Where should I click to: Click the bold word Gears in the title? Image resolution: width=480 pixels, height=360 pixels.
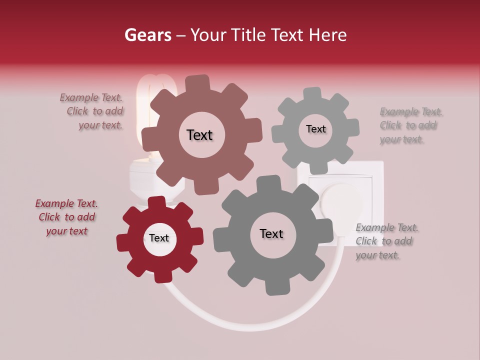(x=148, y=35)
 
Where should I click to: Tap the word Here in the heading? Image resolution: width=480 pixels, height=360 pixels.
(x=328, y=35)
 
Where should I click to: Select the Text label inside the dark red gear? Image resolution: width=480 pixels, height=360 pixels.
(x=159, y=238)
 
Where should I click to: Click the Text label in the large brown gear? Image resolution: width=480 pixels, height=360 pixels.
(x=199, y=135)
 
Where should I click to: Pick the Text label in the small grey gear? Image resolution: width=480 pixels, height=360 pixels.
(x=315, y=129)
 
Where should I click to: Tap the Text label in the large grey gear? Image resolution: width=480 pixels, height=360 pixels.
(x=271, y=233)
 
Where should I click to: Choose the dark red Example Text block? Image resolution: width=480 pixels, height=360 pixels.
(x=66, y=217)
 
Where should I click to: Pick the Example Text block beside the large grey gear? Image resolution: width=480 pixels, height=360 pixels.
(x=386, y=241)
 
